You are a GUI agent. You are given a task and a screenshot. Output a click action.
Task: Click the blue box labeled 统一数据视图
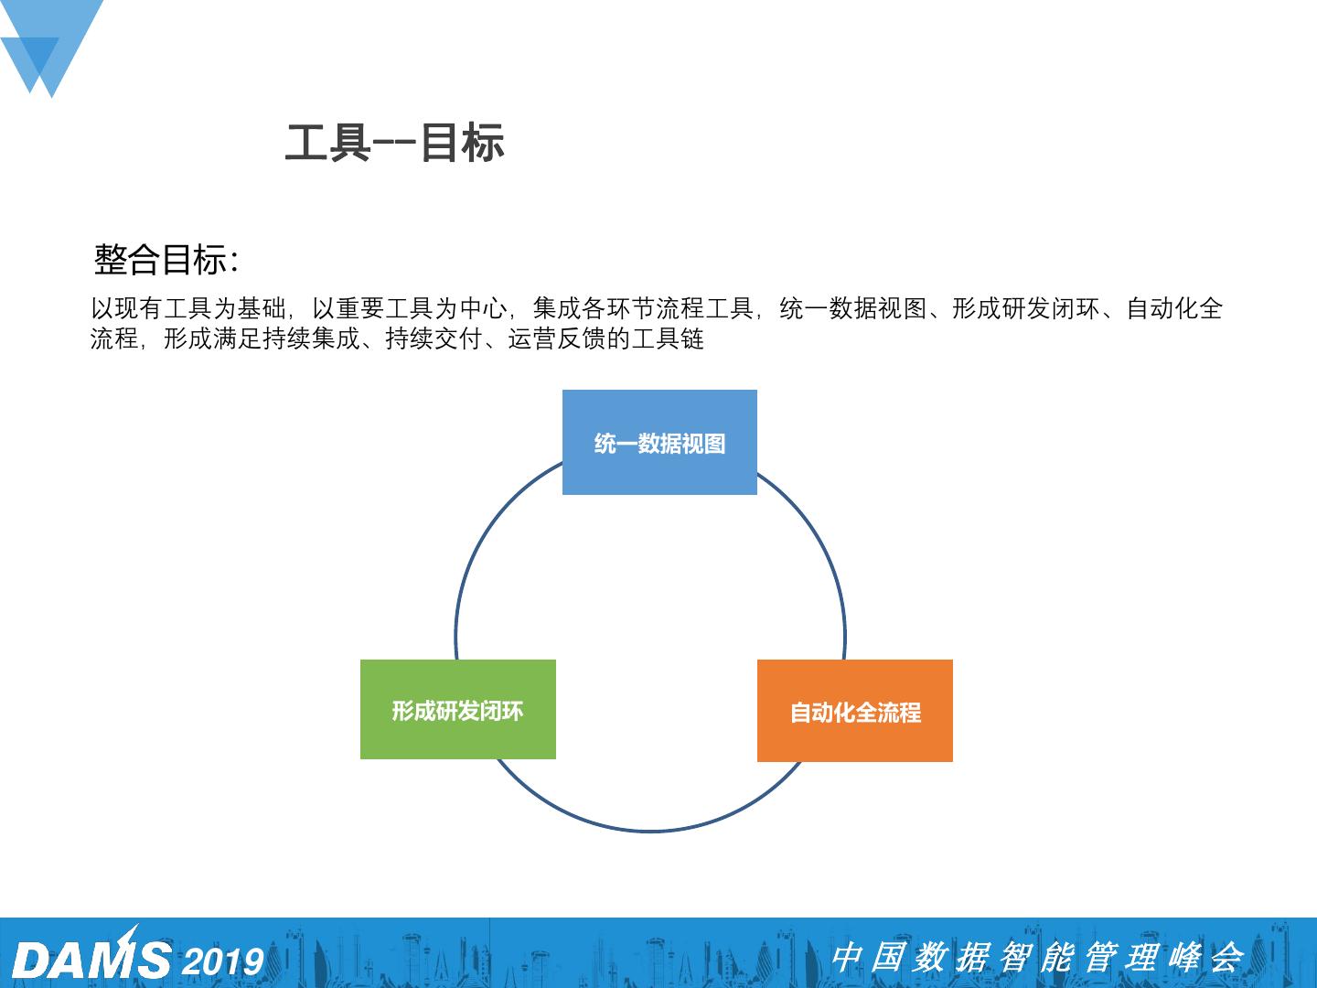[659, 443]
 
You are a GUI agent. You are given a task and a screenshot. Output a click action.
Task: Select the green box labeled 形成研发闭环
[457, 710]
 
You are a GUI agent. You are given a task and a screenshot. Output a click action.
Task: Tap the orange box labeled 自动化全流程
[855, 711]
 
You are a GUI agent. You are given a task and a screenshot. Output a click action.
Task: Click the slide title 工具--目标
[394, 144]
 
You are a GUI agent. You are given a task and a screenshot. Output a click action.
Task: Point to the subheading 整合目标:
[166, 260]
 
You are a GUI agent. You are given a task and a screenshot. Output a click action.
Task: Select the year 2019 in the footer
[223, 961]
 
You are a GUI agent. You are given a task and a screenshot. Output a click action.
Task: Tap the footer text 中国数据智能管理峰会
[1037, 957]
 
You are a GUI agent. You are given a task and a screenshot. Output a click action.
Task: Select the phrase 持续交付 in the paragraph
[434, 339]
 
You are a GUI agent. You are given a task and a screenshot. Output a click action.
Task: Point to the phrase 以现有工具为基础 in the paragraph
[188, 309]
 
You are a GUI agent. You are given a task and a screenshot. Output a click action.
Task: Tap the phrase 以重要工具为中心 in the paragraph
[409, 309]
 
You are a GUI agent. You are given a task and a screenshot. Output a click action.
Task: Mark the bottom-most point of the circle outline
[650, 831]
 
